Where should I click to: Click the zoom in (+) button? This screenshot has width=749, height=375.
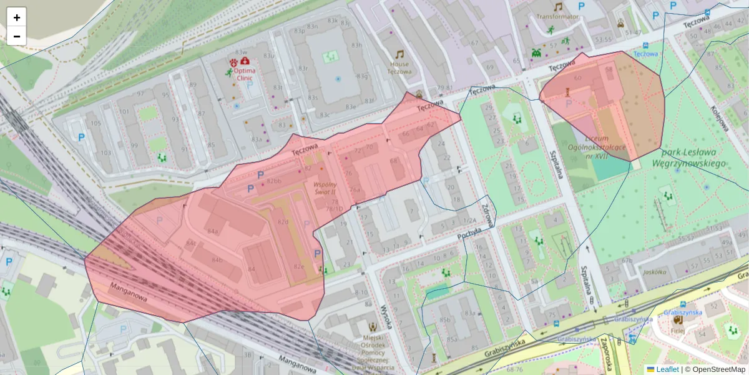pyautogui.click(x=17, y=17)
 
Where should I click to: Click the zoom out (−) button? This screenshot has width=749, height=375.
pyautogui.click(x=17, y=36)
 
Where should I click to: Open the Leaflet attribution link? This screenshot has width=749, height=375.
pyautogui.click(x=667, y=369)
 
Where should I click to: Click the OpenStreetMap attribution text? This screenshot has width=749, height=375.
pyautogui.click(x=715, y=369)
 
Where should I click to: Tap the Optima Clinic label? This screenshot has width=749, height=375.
pyautogui.click(x=244, y=74)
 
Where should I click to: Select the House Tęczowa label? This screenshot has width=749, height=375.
pyautogui.click(x=399, y=67)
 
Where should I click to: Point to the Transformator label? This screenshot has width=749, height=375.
pyautogui.click(x=557, y=17)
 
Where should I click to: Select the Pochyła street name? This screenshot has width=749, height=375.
pyautogui.click(x=469, y=233)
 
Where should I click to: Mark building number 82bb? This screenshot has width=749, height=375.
pyautogui.click(x=275, y=181)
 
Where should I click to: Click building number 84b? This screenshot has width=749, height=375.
pyautogui.click(x=217, y=259)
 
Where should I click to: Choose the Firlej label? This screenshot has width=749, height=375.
pyautogui.click(x=678, y=331)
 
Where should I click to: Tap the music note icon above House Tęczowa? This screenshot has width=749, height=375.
pyautogui.click(x=399, y=54)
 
